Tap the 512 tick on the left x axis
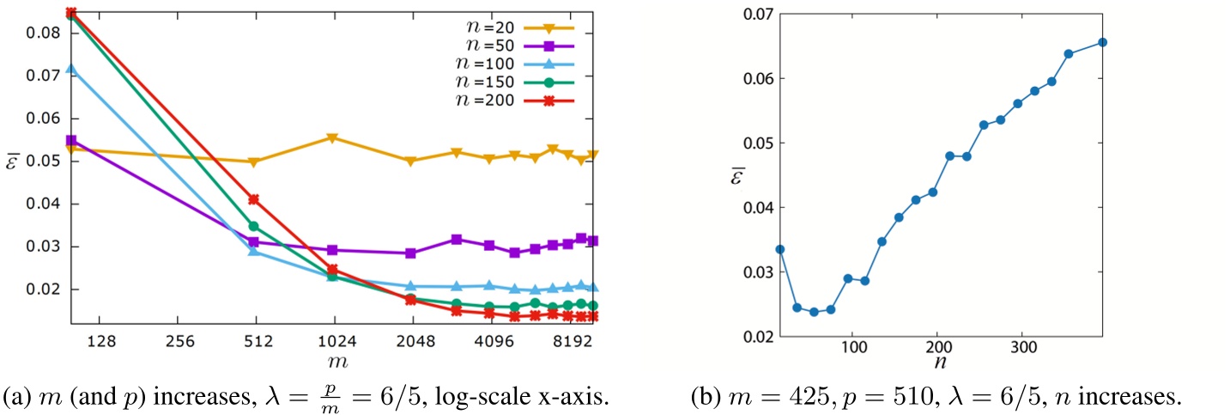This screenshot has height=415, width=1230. click(x=258, y=340)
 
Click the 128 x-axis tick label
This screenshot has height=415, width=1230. click(x=101, y=340)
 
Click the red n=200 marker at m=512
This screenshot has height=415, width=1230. click(x=253, y=199)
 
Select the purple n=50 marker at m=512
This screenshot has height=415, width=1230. click(x=253, y=242)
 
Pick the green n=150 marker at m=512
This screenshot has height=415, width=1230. click(x=253, y=226)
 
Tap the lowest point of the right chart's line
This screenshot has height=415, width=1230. click(x=814, y=312)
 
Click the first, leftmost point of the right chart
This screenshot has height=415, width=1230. click(x=780, y=249)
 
